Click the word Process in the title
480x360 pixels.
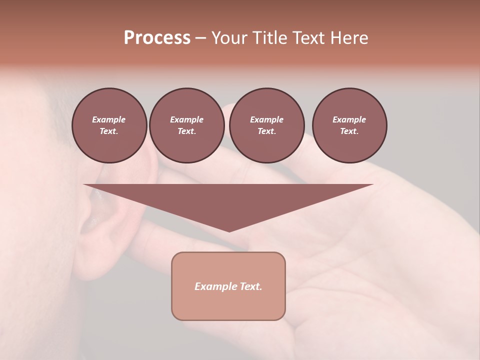157,38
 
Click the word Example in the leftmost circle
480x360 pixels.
109,119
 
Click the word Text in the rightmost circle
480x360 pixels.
349,131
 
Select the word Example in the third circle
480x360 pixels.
266,119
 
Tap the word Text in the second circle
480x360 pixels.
186,131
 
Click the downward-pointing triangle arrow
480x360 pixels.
228,200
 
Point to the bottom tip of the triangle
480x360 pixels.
229,230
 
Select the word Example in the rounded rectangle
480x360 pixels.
215,286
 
